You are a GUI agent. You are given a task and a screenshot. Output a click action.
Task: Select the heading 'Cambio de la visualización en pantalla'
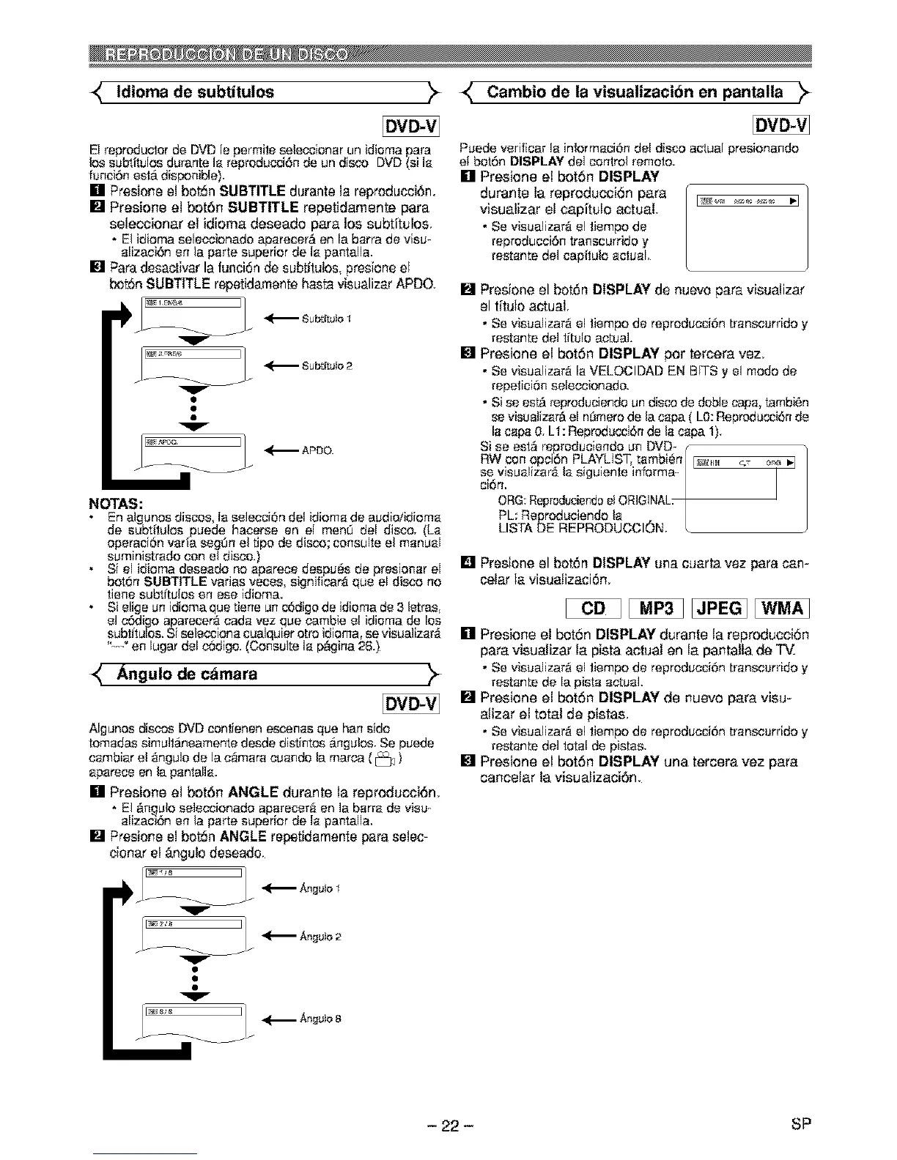pos(635,92)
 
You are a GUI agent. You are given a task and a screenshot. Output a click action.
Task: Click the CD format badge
pos(593,609)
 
